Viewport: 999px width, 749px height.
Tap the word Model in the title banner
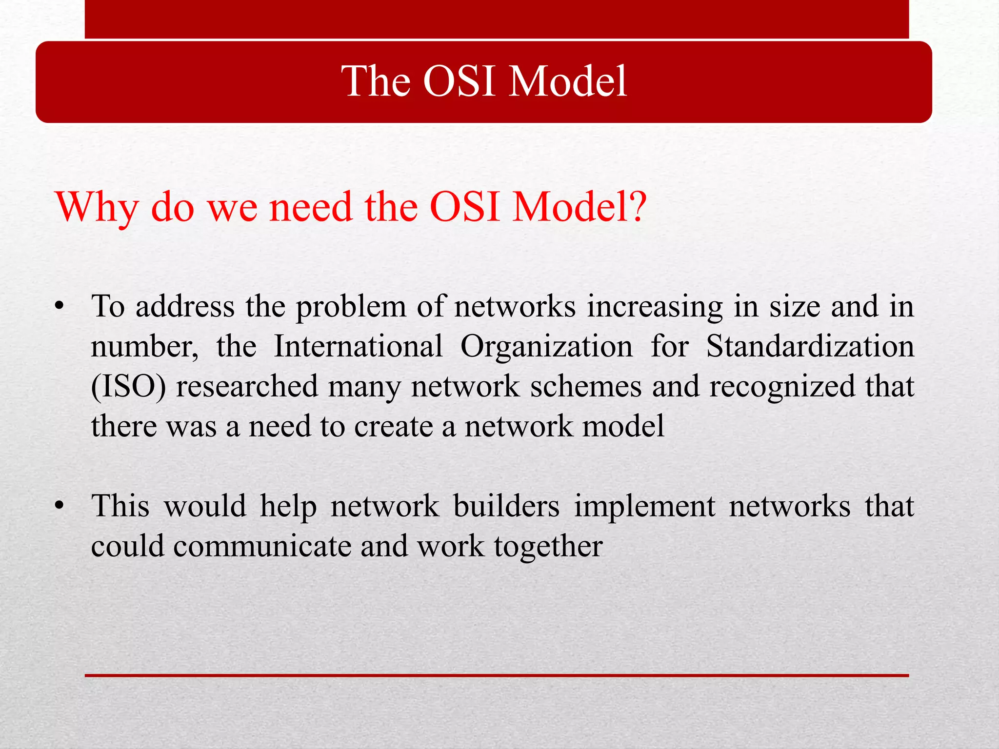[x=567, y=82]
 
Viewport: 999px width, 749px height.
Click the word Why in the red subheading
[x=97, y=207]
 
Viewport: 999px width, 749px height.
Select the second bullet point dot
[x=60, y=507]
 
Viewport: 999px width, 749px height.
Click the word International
[x=358, y=347]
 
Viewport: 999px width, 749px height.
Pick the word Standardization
[x=810, y=347]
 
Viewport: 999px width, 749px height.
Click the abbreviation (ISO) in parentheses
[x=128, y=387]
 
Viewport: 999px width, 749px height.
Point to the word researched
[x=247, y=387]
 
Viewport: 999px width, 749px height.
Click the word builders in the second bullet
[x=506, y=506]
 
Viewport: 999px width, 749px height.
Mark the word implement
[x=644, y=506]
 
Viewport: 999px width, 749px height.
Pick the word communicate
[x=262, y=546]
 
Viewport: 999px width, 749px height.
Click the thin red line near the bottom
[x=497, y=675]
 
